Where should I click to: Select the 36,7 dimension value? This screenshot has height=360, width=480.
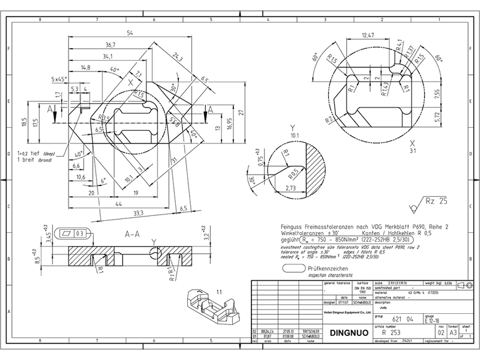pyautogui.click(x=110, y=45)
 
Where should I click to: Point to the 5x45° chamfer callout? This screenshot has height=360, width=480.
pyautogui.click(x=60, y=79)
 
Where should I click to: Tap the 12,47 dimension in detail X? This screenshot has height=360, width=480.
pyautogui.click(x=368, y=36)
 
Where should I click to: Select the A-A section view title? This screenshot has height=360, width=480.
pyautogui.click(x=133, y=235)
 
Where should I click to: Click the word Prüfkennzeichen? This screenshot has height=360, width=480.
pyautogui.click(x=328, y=270)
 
